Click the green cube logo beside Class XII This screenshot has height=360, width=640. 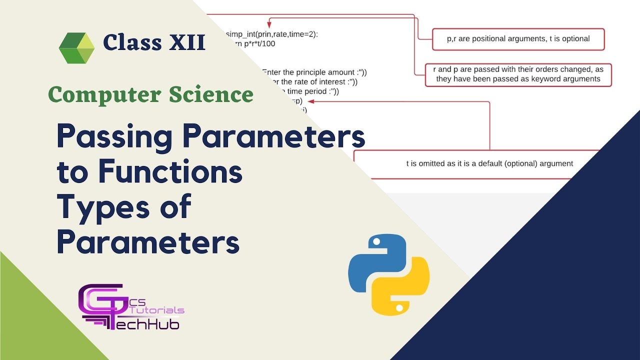click(76, 47)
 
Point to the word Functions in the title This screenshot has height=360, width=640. click(170, 171)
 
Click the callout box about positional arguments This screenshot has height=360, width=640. click(518, 39)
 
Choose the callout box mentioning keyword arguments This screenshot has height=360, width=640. click(518, 74)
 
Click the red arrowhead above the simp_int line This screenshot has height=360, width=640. click(269, 23)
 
